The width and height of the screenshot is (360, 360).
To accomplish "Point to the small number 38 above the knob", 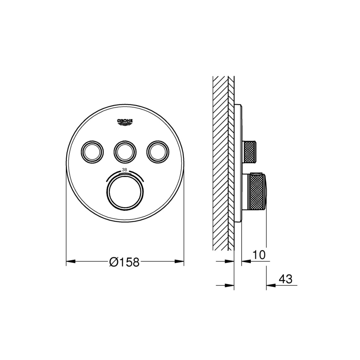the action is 124,170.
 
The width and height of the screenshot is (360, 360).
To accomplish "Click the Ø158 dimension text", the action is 124,262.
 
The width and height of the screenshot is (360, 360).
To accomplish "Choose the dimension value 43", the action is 285,284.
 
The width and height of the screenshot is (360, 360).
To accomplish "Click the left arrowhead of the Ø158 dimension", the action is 71,261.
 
